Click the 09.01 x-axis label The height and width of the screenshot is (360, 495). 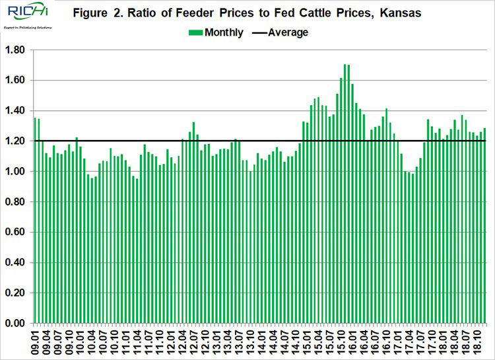pos(36,341)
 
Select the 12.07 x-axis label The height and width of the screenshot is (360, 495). pos(193,341)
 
